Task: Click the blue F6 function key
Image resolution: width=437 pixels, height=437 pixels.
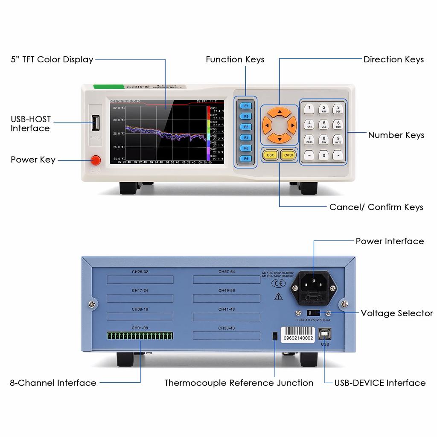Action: point(246,158)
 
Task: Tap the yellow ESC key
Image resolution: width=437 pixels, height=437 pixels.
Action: point(271,155)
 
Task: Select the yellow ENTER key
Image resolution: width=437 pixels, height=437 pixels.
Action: point(289,155)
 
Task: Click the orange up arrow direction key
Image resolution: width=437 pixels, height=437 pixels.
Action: point(279,112)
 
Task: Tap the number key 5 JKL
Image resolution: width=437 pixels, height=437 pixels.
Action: point(324,124)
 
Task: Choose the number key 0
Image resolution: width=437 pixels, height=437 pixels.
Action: point(324,155)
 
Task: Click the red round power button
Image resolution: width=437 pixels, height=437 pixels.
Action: point(96,160)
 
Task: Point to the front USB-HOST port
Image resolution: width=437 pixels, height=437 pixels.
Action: point(96,124)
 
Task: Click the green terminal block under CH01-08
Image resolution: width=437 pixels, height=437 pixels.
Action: point(140,336)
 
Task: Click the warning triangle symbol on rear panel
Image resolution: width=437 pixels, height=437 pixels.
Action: point(279,296)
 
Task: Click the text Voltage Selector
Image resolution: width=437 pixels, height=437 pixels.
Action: point(397,313)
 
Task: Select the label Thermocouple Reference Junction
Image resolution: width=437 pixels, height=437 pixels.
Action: point(239,383)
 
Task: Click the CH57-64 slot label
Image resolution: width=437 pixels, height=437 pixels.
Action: point(227,271)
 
